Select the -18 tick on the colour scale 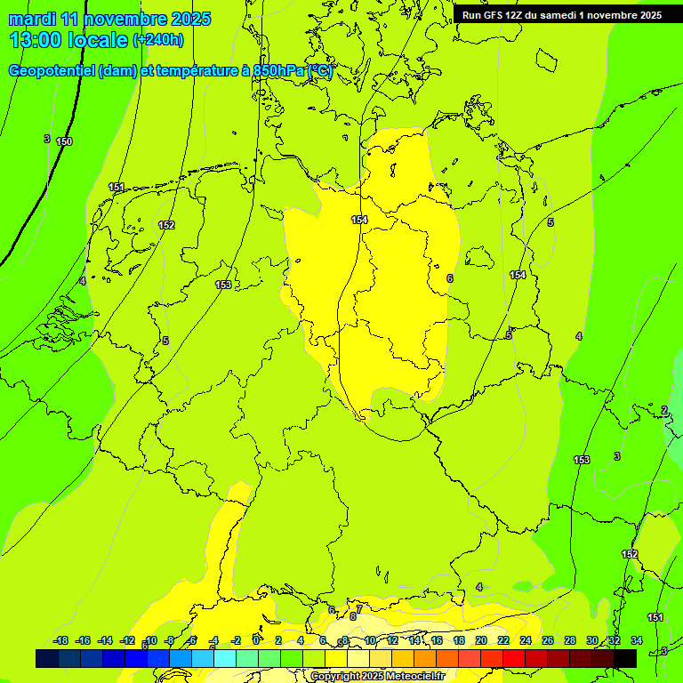point(60,640)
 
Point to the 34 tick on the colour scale point(637,640)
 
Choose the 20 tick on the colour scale point(481,640)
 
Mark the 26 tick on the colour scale point(548,640)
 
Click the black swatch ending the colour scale point(625,658)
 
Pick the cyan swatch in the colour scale point(225,658)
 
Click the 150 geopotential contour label point(64,141)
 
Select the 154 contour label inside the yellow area point(359,220)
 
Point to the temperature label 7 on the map point(359,609)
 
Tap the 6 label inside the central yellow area point(450,278)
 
